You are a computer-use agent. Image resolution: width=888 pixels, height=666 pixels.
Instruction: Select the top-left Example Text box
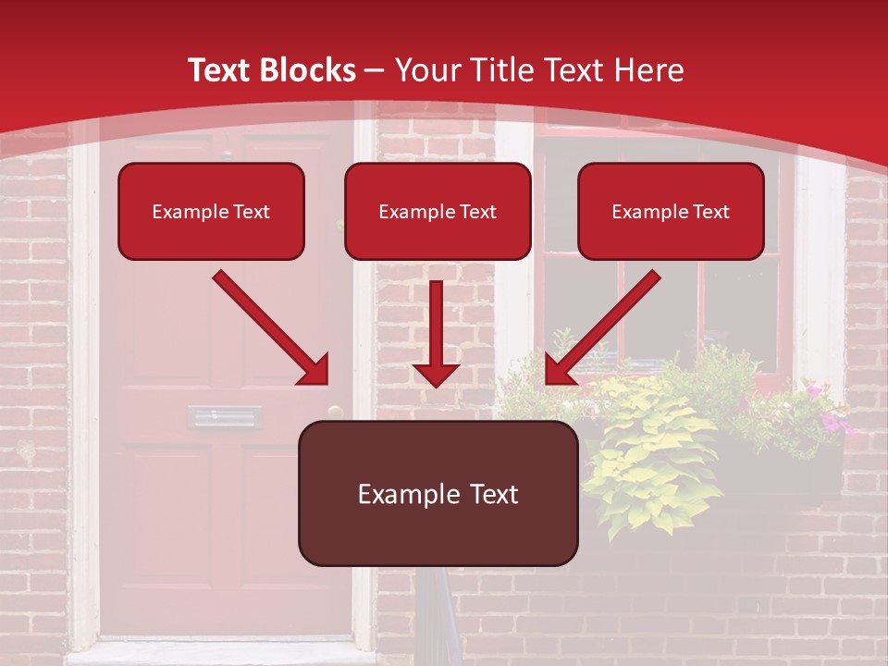coord(211,211)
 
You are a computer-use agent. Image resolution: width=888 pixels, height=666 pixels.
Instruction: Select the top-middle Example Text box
coord(438,211)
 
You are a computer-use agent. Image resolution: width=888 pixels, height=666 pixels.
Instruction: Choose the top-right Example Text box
coord(671,211)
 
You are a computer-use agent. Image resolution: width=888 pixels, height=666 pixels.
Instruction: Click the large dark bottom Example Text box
coord(438,493)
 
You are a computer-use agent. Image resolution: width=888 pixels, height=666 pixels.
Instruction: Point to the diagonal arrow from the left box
coord(271,327)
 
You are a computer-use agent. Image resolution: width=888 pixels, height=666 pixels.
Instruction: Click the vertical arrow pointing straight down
coord(436,333)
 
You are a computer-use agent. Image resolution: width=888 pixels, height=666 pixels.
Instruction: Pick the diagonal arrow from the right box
coord(602,327)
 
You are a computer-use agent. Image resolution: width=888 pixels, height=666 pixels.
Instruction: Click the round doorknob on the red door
coord(335,413)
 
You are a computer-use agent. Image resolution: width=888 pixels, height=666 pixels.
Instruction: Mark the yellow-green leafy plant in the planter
coord(647,462)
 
